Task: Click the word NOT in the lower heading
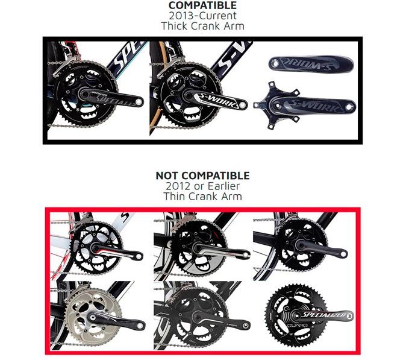[169, 175]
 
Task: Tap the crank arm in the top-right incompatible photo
[324, 248]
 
